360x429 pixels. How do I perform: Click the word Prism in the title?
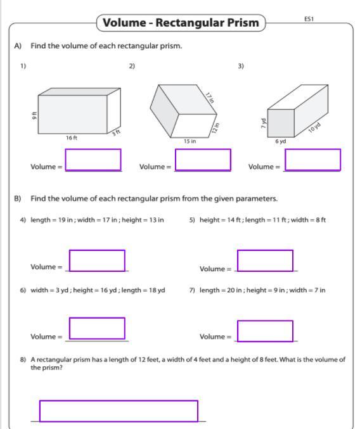(243, 23)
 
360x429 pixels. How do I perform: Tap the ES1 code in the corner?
(309, 19)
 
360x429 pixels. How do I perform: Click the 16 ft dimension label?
(72, 138)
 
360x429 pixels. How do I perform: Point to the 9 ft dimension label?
(34, 115)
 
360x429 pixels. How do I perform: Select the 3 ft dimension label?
(116, 132)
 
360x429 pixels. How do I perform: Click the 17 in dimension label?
(210, 98)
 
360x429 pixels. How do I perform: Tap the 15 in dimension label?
(190, 141)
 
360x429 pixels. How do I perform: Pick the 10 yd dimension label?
(314, 127)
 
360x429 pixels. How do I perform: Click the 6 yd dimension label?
(280, 141)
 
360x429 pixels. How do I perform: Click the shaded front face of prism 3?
(281, 123)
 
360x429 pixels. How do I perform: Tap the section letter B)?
(18, 198)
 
